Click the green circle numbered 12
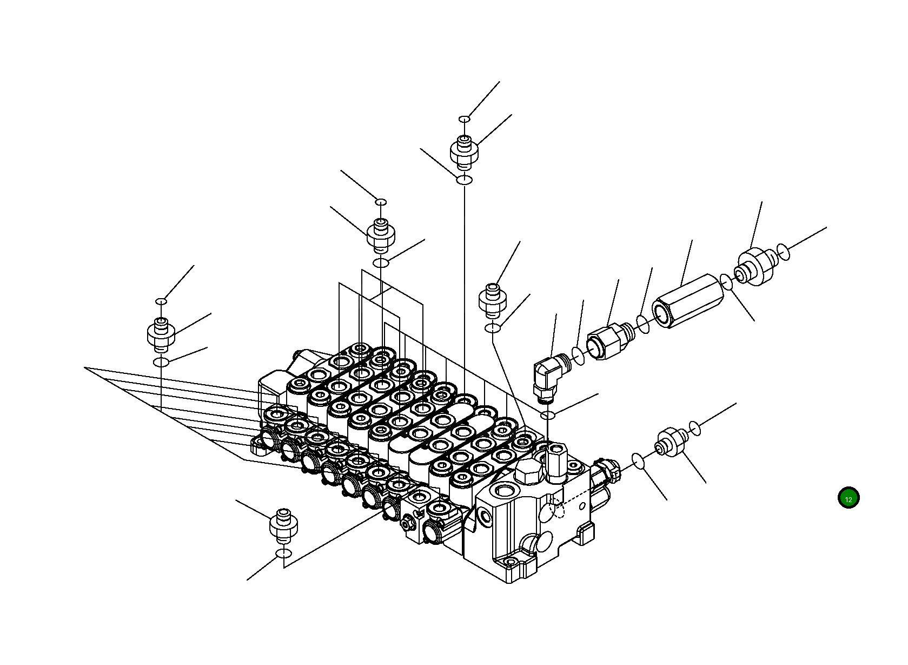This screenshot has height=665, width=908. [848, 498]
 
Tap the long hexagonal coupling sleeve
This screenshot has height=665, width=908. [688, 300]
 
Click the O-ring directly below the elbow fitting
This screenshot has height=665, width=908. [548, 415]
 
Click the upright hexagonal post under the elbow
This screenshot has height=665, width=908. [555, 462]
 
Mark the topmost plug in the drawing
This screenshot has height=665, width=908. [464, 150]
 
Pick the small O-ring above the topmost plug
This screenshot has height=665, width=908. [464, 119]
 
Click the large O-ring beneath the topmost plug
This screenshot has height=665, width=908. [465, 180]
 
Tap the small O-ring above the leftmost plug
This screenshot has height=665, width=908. [161, 301]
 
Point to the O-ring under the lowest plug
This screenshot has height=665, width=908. [284, 553]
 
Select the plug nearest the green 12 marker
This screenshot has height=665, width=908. [671, 442]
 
